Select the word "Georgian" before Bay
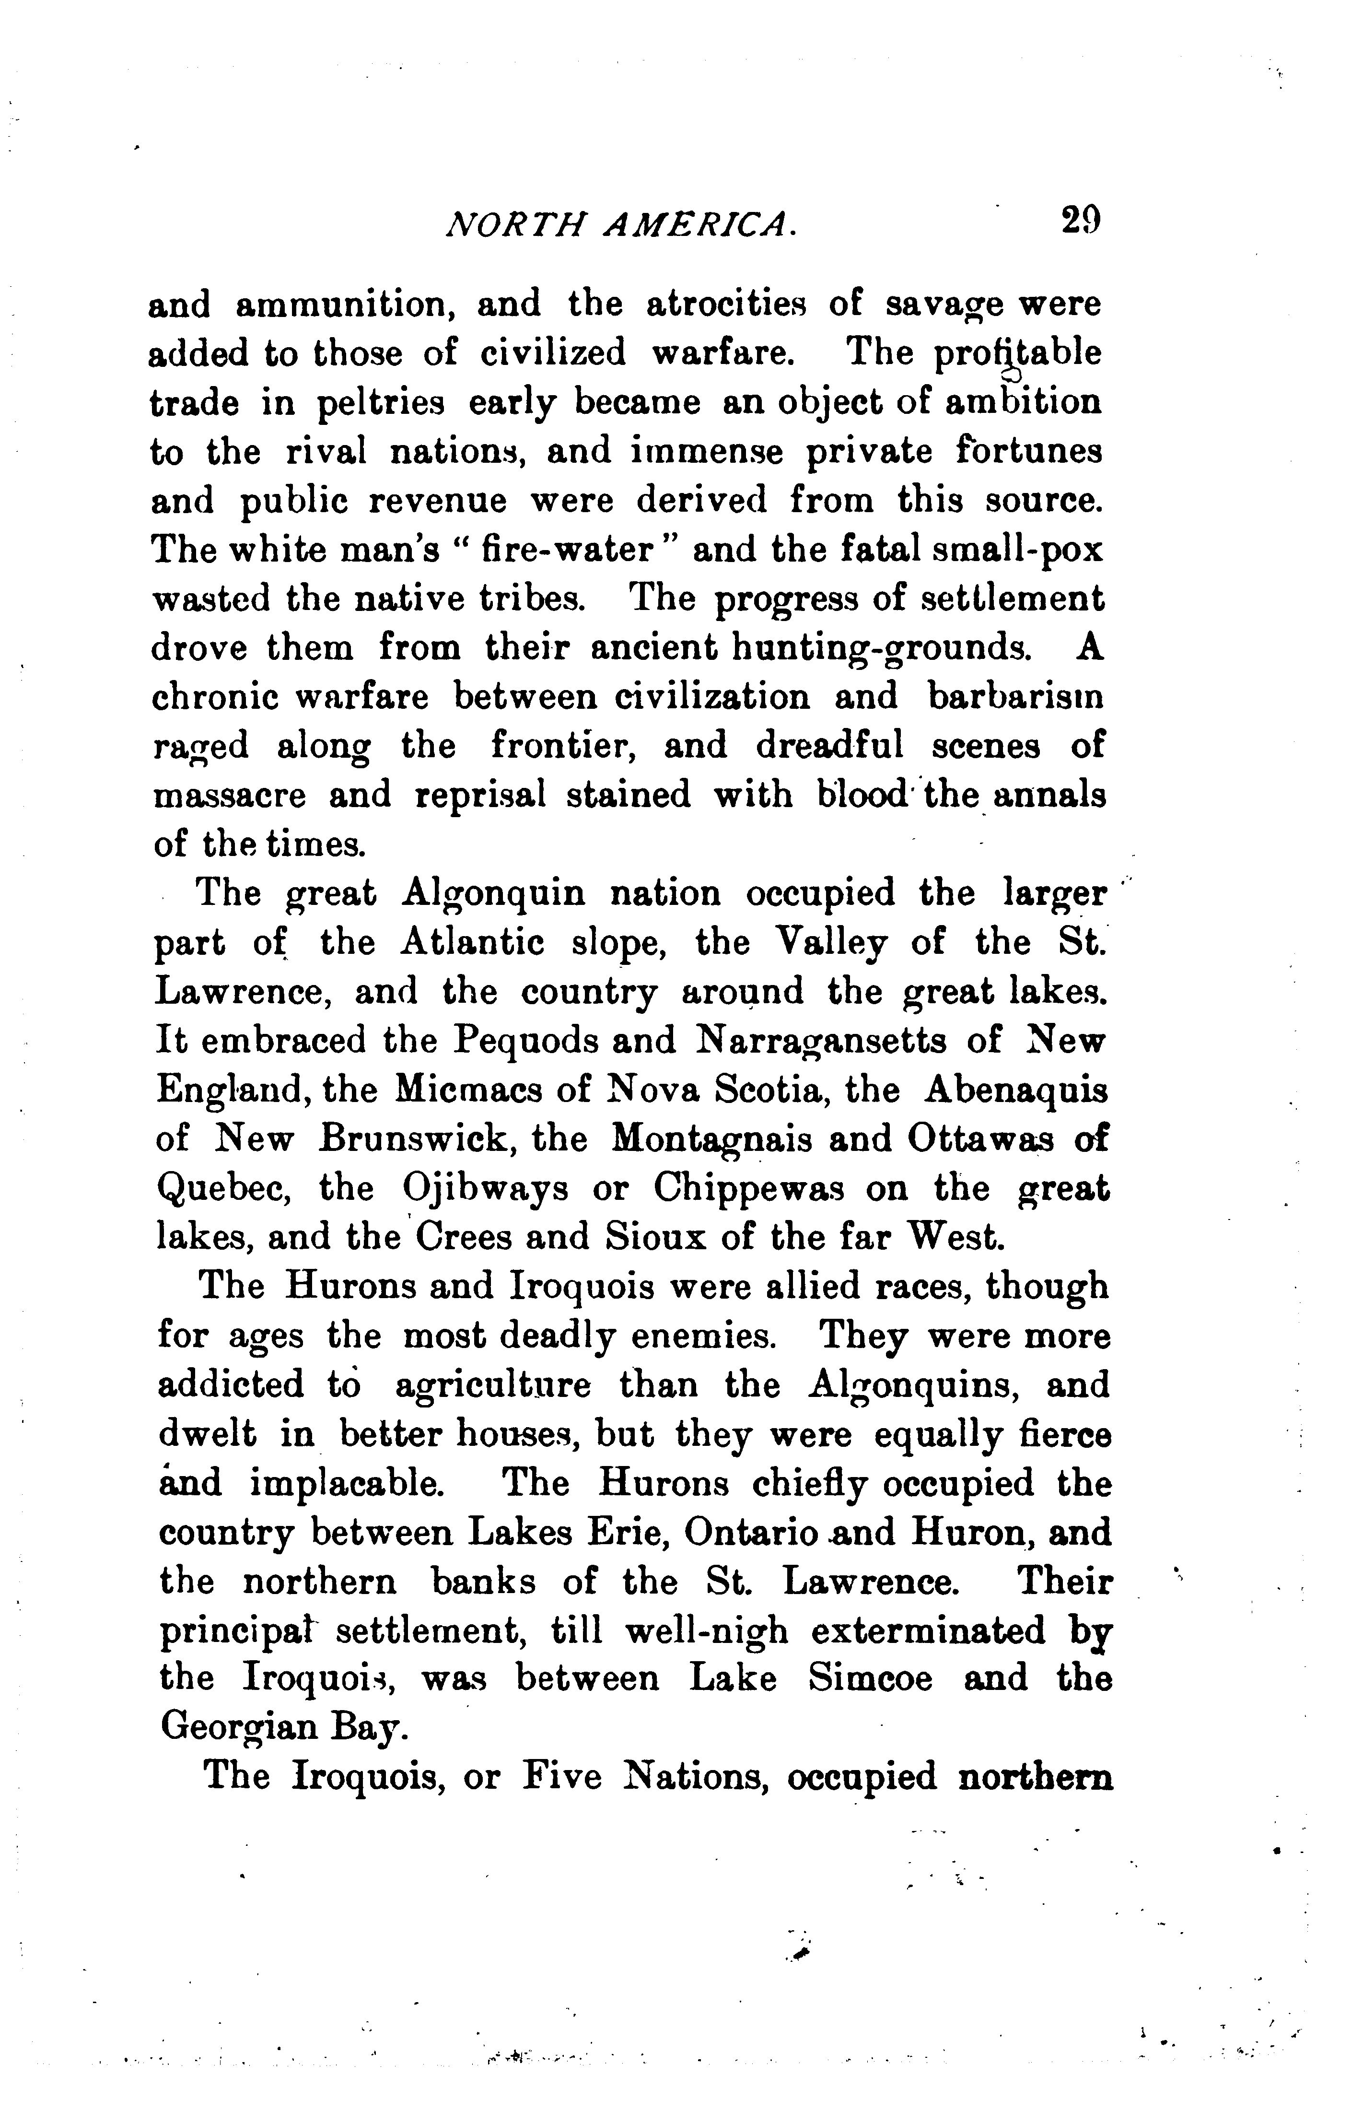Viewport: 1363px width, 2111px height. (243, 1730)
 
